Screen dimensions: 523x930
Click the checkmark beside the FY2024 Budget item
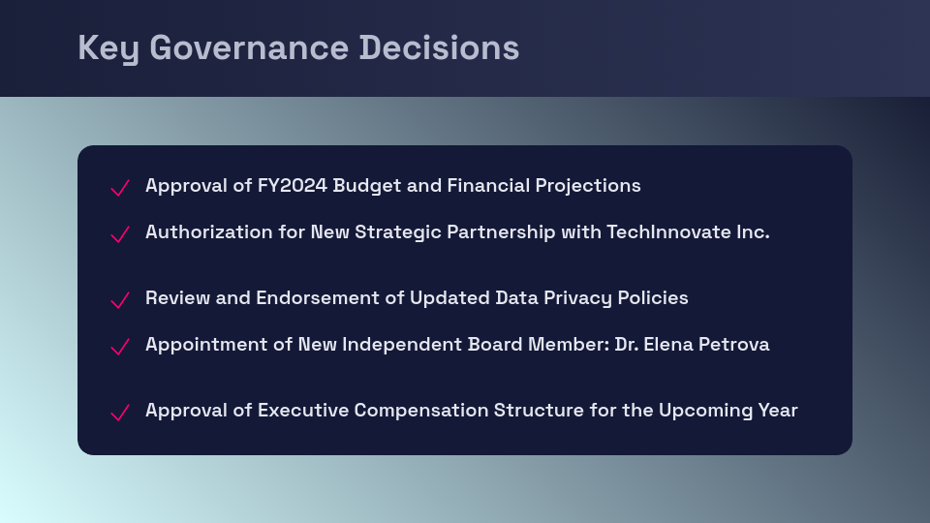(x=120, y=188)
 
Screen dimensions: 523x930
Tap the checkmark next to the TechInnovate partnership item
(x=120, y=234)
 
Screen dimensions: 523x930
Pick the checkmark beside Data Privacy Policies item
(x=120, y=300)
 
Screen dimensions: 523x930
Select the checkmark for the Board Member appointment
(x=120, y=347)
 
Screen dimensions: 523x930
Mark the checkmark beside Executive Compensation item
(x=120, y=413)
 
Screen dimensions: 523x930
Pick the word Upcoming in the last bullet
(x=706, y=410)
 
